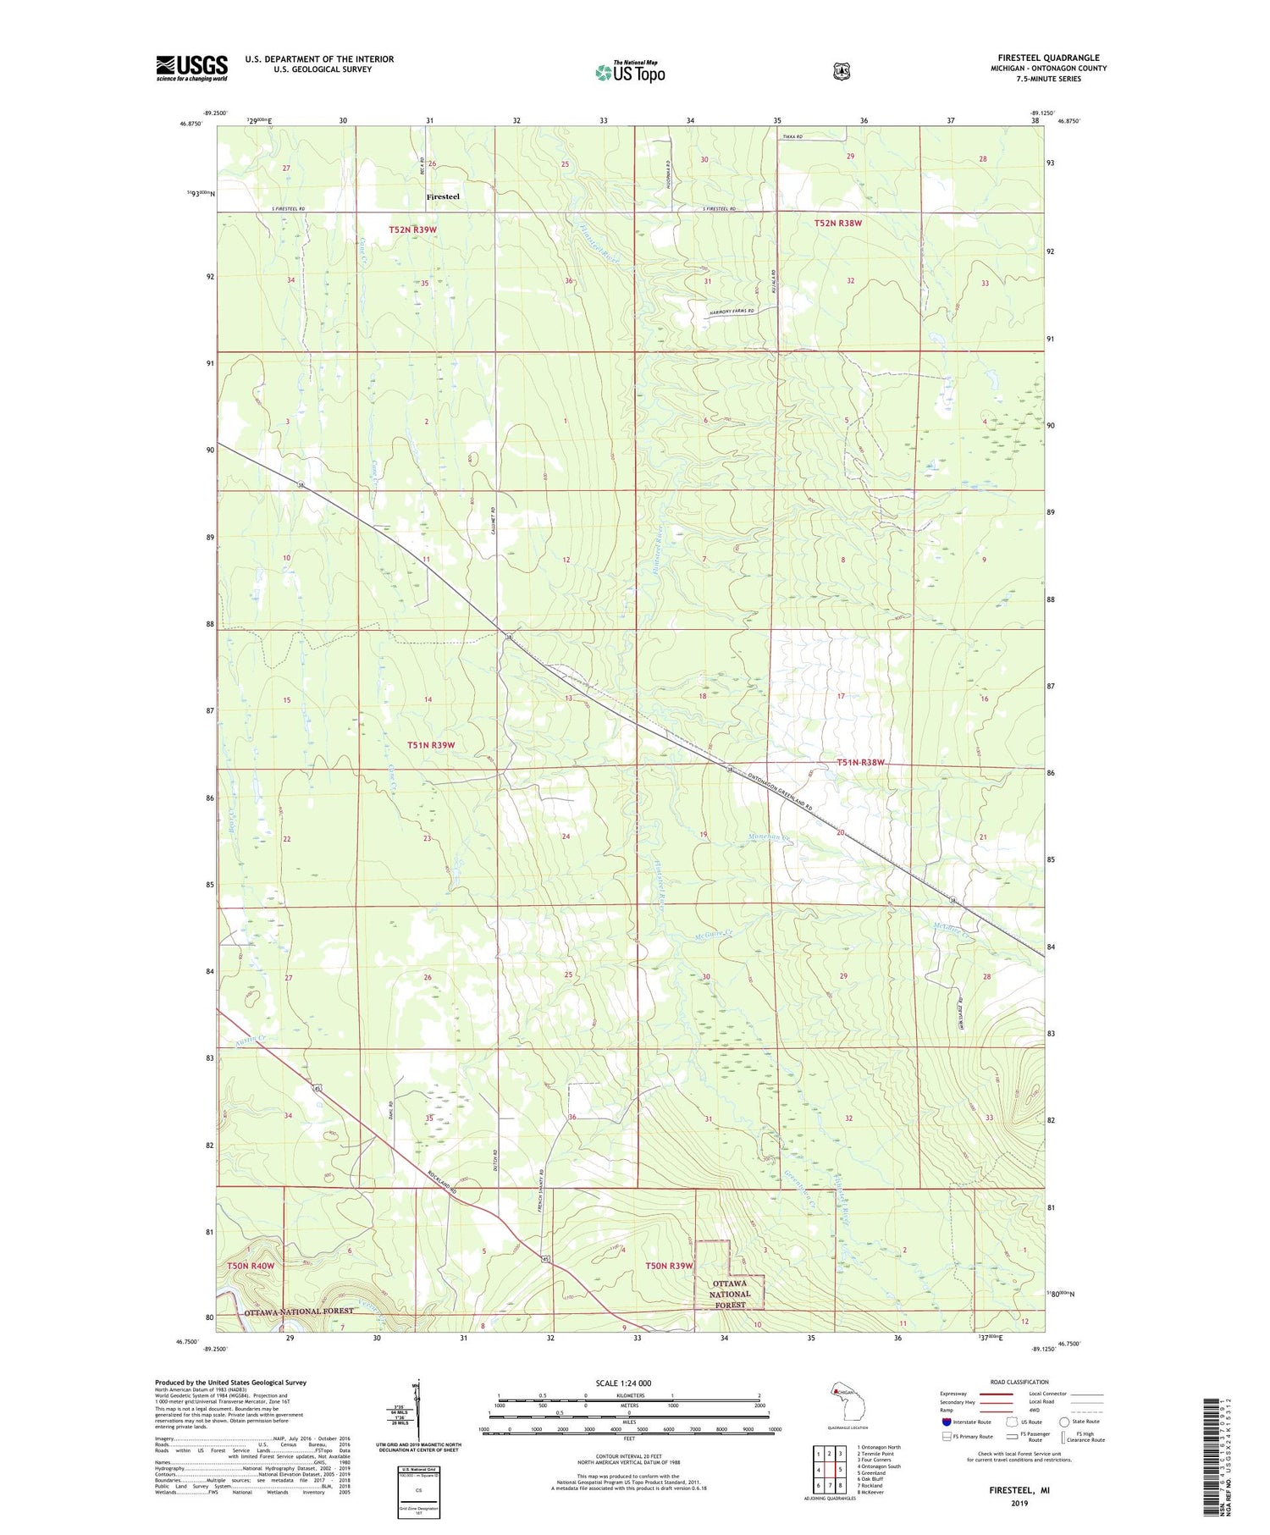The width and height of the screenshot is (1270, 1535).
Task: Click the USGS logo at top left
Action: pyautogui.click(x=191, y=68)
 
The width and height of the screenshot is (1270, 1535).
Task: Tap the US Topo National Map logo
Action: pyautogui.click(x=630, y=72)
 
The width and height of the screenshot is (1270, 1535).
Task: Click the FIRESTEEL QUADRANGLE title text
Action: pyautogui.click(x=1048, y=58)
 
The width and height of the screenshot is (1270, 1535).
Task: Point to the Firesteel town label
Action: pyautogui.click(x=443, y=196)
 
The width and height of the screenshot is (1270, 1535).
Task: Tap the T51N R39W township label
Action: pyautogui.click(x=431, y=745)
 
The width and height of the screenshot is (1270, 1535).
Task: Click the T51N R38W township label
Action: pyautogui.click(x=860, y=762)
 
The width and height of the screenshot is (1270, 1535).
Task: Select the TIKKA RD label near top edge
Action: pyautogui.click(x=792, y=136)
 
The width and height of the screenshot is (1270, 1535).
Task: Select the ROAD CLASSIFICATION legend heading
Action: pyautogui.click(x=1013, y=1382)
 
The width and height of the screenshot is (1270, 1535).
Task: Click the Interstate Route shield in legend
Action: pyautogui.click(x=946, y=1422)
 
